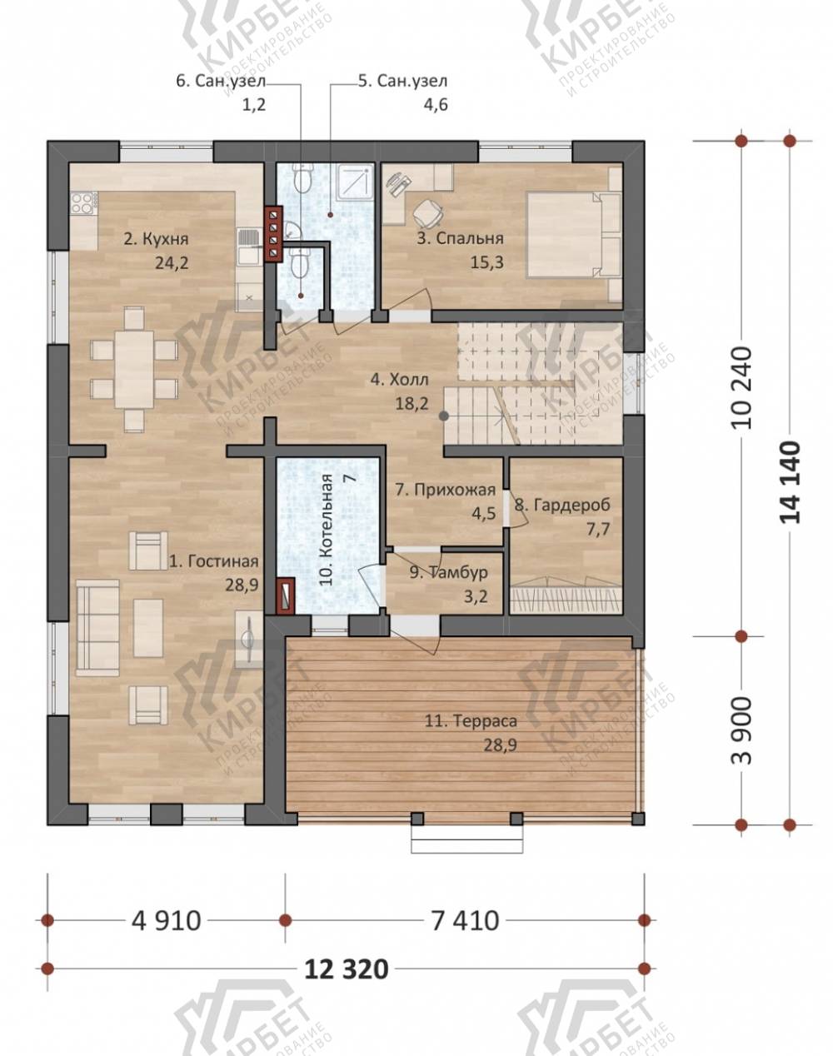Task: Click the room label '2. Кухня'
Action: point(156,239)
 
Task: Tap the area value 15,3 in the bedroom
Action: point(486,262)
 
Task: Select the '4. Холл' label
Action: point(399,379)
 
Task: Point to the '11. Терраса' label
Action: point(471,721)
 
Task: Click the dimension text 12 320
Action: point(347,969)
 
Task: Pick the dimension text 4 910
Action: point(167,920)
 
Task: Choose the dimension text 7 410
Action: point(465,920)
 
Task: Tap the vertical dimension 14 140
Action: point(790,482)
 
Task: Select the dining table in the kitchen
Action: point(134,370)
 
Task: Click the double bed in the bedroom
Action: point(573,235)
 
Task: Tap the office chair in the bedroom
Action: point(428,212)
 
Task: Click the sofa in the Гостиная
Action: point(97,628)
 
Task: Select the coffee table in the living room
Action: point(148,628)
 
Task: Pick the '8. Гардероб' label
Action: point(562,505)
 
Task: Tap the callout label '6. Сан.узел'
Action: point(221,81)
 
